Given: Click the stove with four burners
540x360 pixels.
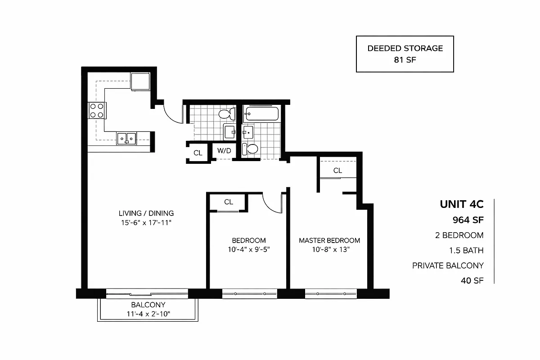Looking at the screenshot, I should (97, 110).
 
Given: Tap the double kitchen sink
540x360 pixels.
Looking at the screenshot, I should (127, 138).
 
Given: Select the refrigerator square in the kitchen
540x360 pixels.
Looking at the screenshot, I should (140, 81).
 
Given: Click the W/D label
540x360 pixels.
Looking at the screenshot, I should (224, 151).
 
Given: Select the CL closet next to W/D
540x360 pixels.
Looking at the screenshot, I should (198, 153).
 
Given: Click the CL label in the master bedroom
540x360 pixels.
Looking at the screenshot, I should (337, 171).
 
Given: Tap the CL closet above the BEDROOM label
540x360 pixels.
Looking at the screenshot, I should (229, 202).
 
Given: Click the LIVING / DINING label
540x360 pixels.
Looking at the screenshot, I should (146, 213).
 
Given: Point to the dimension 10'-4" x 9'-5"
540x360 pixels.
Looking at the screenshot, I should (248, 249).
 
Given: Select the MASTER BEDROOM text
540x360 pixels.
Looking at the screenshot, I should (329, 240).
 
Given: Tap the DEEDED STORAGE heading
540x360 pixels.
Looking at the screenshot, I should (405, 48).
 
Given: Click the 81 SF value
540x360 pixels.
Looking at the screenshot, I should (405, 60).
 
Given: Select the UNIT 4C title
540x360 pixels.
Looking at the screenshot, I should (461, 204).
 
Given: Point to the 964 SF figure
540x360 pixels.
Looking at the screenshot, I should (468, 220).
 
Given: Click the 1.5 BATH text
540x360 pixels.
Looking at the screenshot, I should (467, 250).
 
